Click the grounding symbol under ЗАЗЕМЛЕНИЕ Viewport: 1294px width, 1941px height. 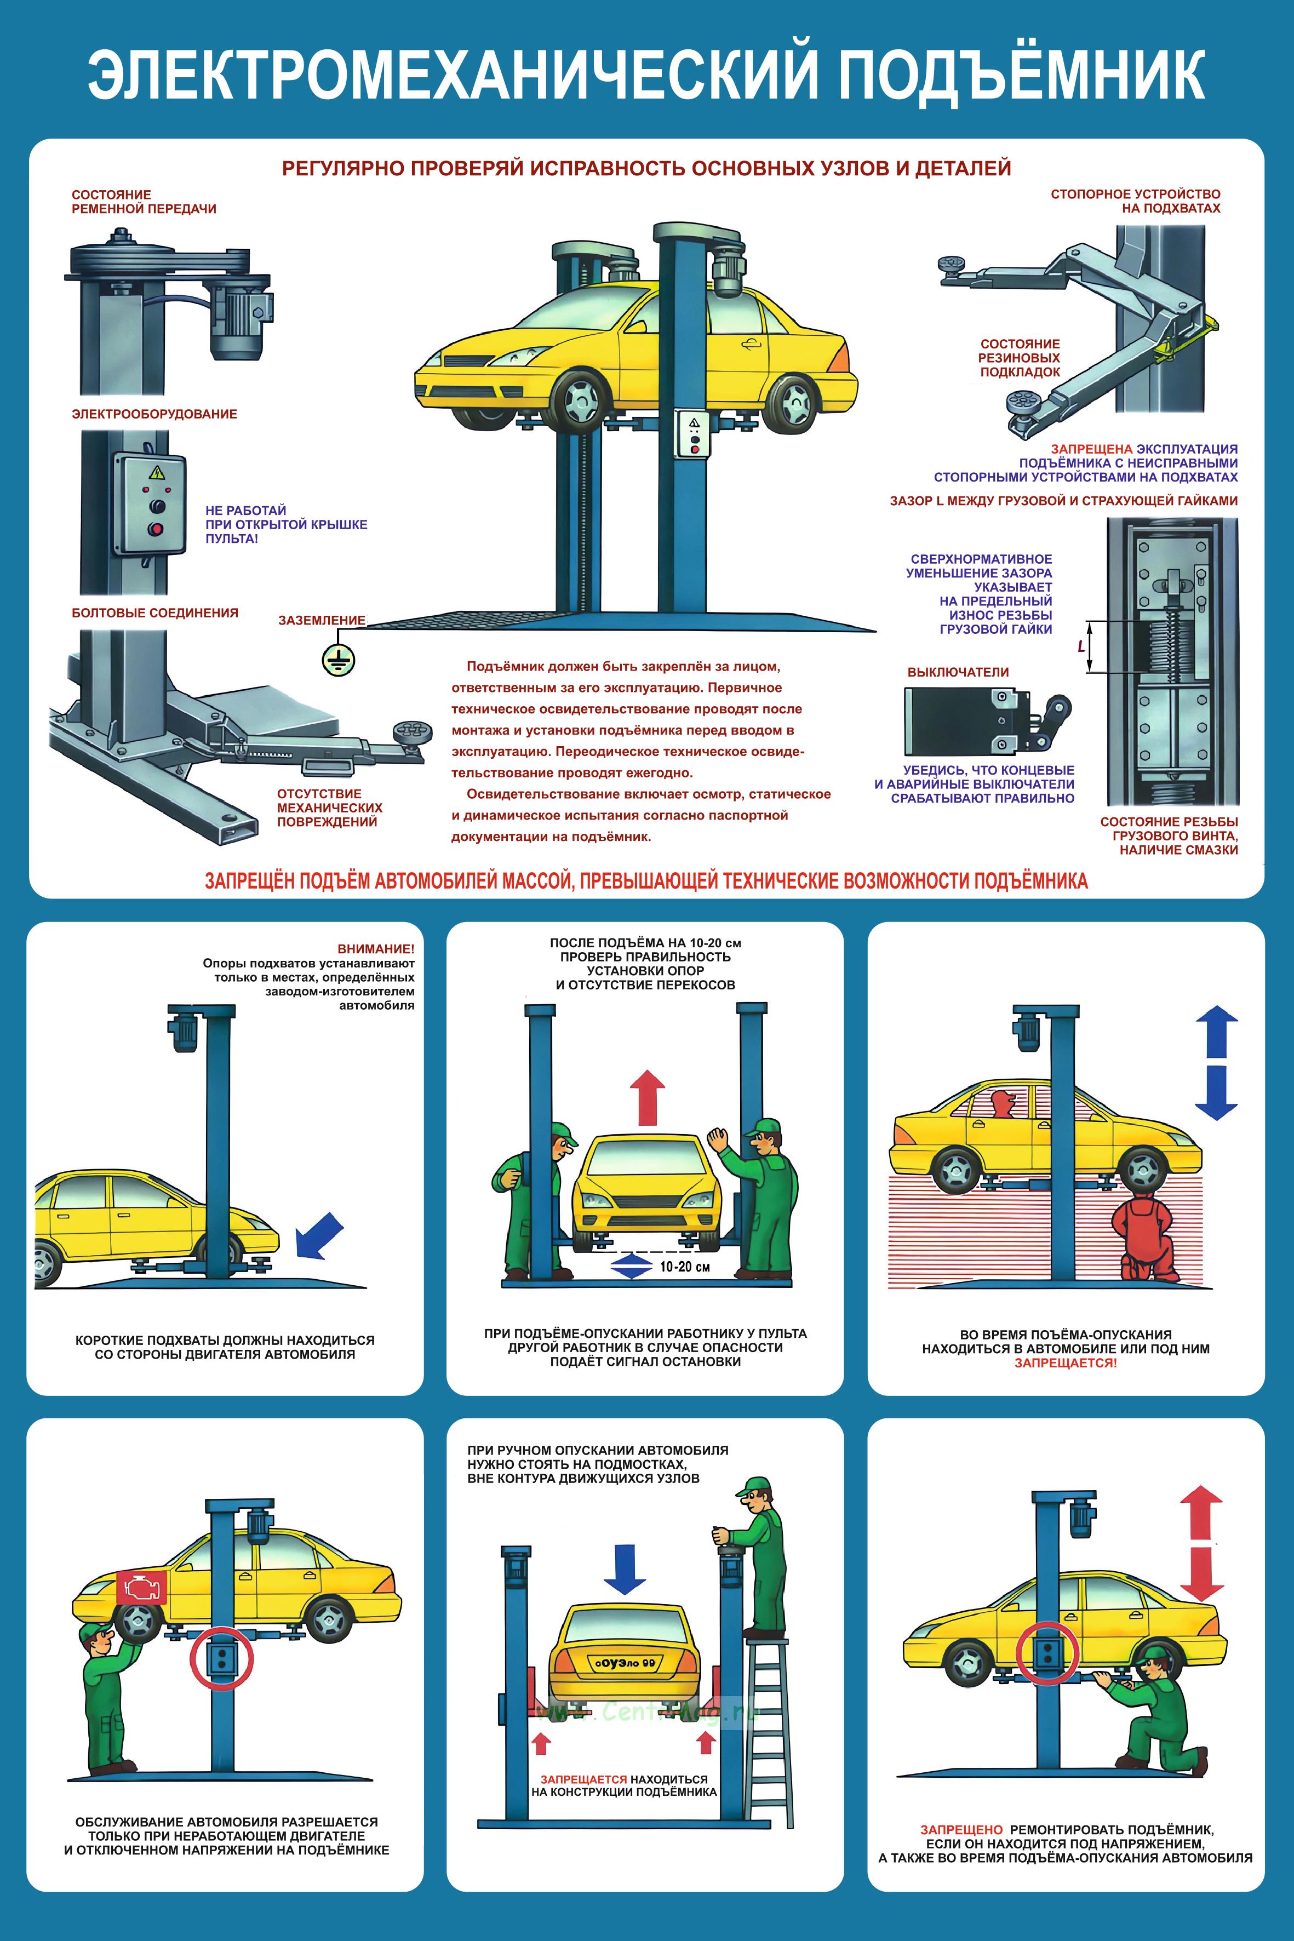click(337, 660)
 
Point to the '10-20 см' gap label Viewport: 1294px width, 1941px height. click(684, 1266)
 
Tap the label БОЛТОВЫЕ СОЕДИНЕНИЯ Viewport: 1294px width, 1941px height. click(155, 612)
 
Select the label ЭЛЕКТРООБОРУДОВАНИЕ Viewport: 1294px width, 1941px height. click(154, 414)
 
